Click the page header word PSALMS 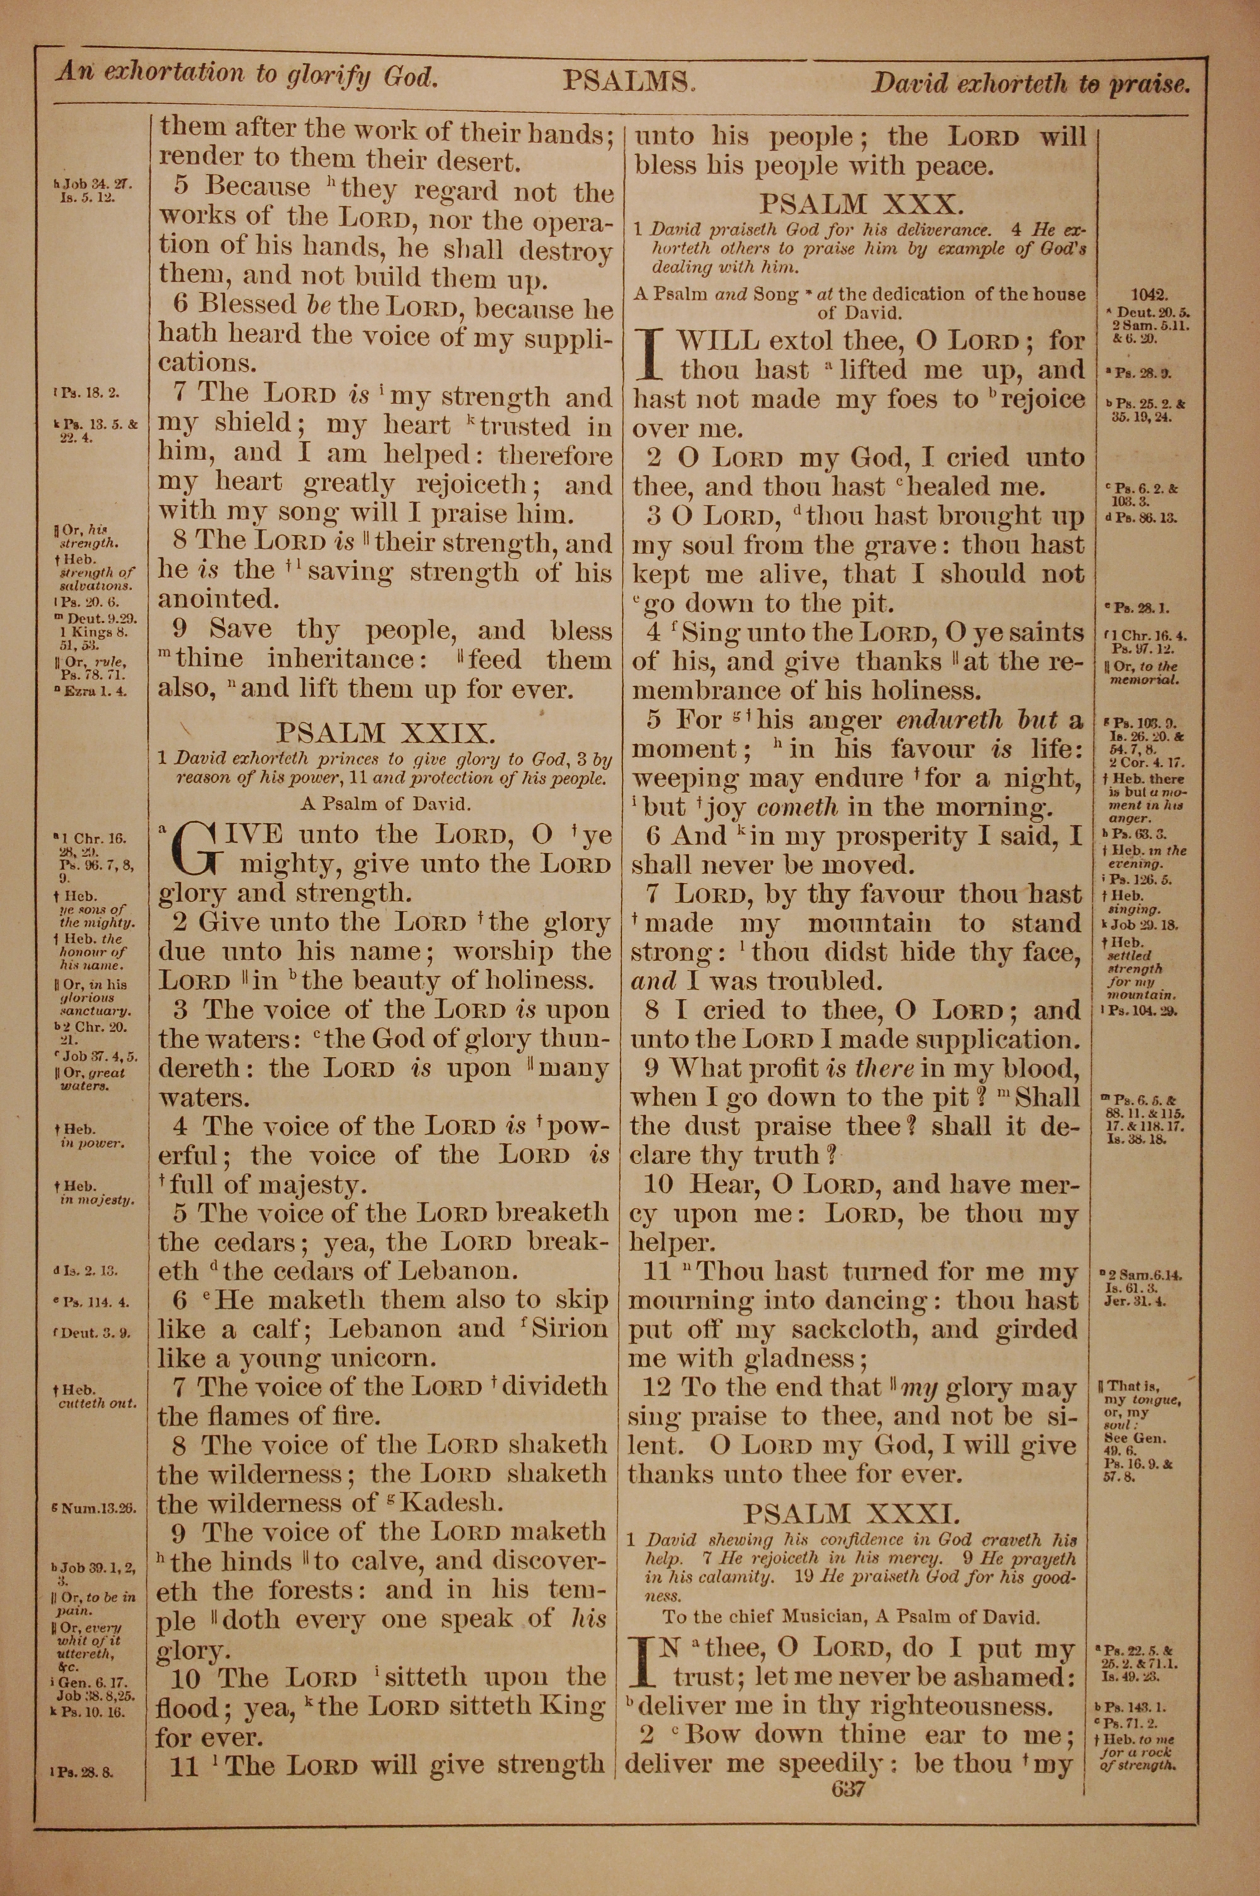pyautogui.click(x=627, y=81)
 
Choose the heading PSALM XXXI pyautogui.click(x=851, y=1513)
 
